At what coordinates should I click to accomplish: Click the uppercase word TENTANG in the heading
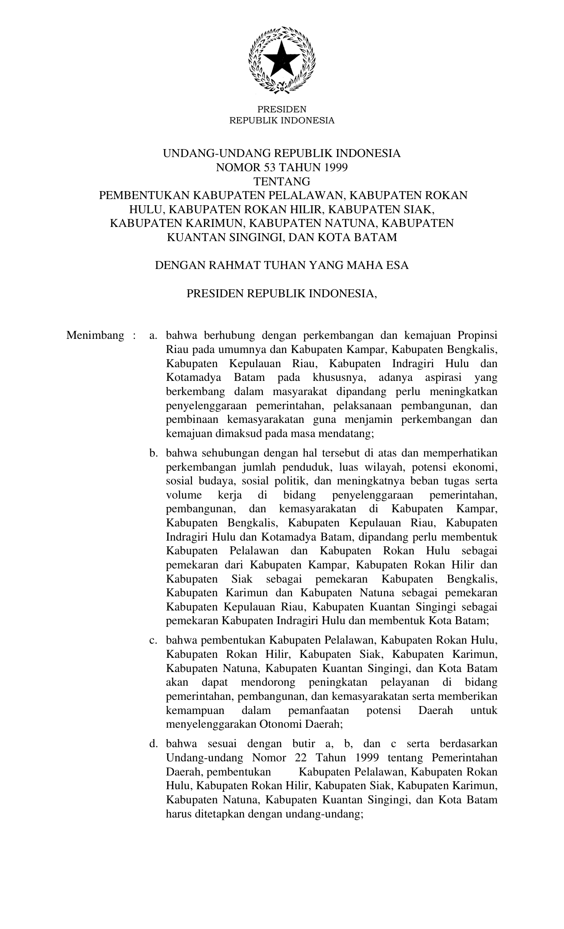(282, 181)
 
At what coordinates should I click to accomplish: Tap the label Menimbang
(95, 335)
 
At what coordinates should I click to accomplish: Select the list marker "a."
(153, 335)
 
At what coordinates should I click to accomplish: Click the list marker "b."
(153, 453)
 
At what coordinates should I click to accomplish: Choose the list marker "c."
(153, 640)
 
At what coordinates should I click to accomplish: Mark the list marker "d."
(153, 744)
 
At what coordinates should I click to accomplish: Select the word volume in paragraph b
(184, 495)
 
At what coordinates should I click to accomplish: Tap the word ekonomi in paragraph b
(475, 467)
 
